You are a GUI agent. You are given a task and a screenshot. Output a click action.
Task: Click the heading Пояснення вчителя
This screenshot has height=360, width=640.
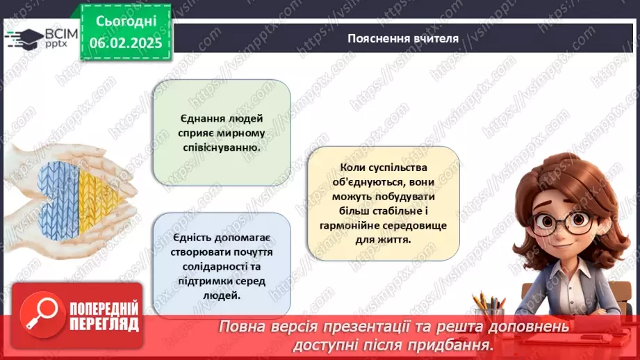click(x=403, y=38)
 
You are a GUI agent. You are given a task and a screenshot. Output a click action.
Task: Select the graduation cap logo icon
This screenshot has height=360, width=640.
click(x=24, y=38)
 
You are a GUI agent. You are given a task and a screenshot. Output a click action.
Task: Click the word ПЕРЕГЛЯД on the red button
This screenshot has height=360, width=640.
click(x=104, y=323)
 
